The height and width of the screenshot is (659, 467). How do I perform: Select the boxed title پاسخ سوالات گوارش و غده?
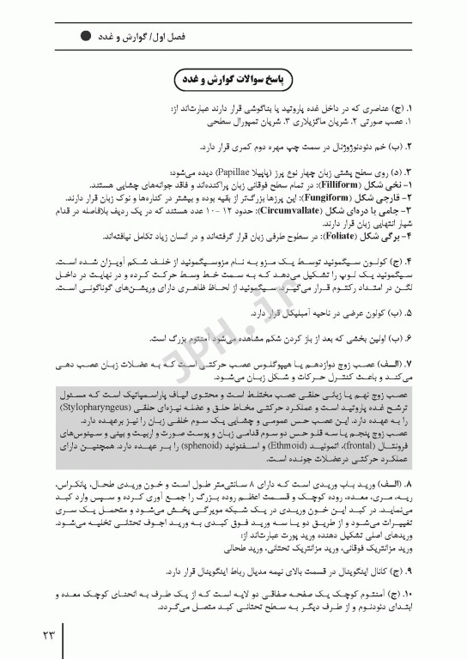tap(233, 80)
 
